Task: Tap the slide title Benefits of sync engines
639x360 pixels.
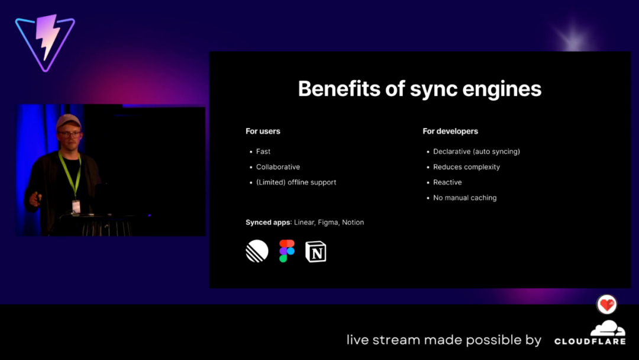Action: tap(419, 89)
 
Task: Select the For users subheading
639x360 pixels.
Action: tap(263, 131)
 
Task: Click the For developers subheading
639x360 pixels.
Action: tap(450, 131)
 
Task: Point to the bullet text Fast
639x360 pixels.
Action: tap(263, 151)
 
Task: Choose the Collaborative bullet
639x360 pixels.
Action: tap(278, 167)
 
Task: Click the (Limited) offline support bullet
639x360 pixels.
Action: tap(296, 182)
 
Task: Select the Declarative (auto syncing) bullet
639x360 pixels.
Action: tap(476, 151)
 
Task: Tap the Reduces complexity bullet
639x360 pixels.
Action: tap(466, 167)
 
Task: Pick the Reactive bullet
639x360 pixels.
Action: tap(447, 182)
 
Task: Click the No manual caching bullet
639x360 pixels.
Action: tap(464, 198)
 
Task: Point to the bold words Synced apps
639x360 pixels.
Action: tap(268, 222)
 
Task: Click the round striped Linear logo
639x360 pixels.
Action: tap(257, 250)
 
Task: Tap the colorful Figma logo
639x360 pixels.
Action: tap(287, 250)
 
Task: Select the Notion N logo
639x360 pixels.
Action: tap(316, 251)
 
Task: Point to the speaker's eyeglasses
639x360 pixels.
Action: tap(69, 134)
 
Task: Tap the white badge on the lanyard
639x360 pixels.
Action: tap(76, 206)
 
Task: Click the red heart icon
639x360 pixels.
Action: tap(607, 304)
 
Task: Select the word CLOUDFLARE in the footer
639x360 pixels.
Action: tap(590, 341)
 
